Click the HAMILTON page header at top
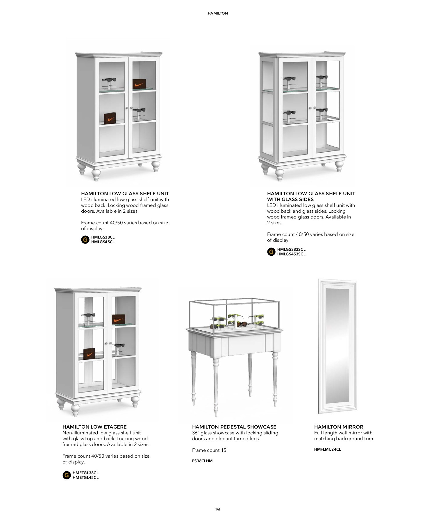[218, 13]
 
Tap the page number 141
[218, 509]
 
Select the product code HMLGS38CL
[103, 237]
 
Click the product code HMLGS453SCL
[291, 254]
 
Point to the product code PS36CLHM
[202, 461]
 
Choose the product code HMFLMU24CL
[328, 449]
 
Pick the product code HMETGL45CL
[85, 477]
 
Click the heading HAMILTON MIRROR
[339, 427]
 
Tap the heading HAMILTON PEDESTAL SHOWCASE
[234, 427]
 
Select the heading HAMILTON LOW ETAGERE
[94, 427]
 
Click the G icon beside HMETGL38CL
[67, 475]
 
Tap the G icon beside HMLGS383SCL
[271, 252]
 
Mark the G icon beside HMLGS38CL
[85, 240]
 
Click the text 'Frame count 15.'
[210, 450]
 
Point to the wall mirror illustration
[337, 346]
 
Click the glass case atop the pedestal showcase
[234, 315]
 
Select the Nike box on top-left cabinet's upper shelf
[139, 84]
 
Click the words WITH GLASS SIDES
[290, 199]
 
